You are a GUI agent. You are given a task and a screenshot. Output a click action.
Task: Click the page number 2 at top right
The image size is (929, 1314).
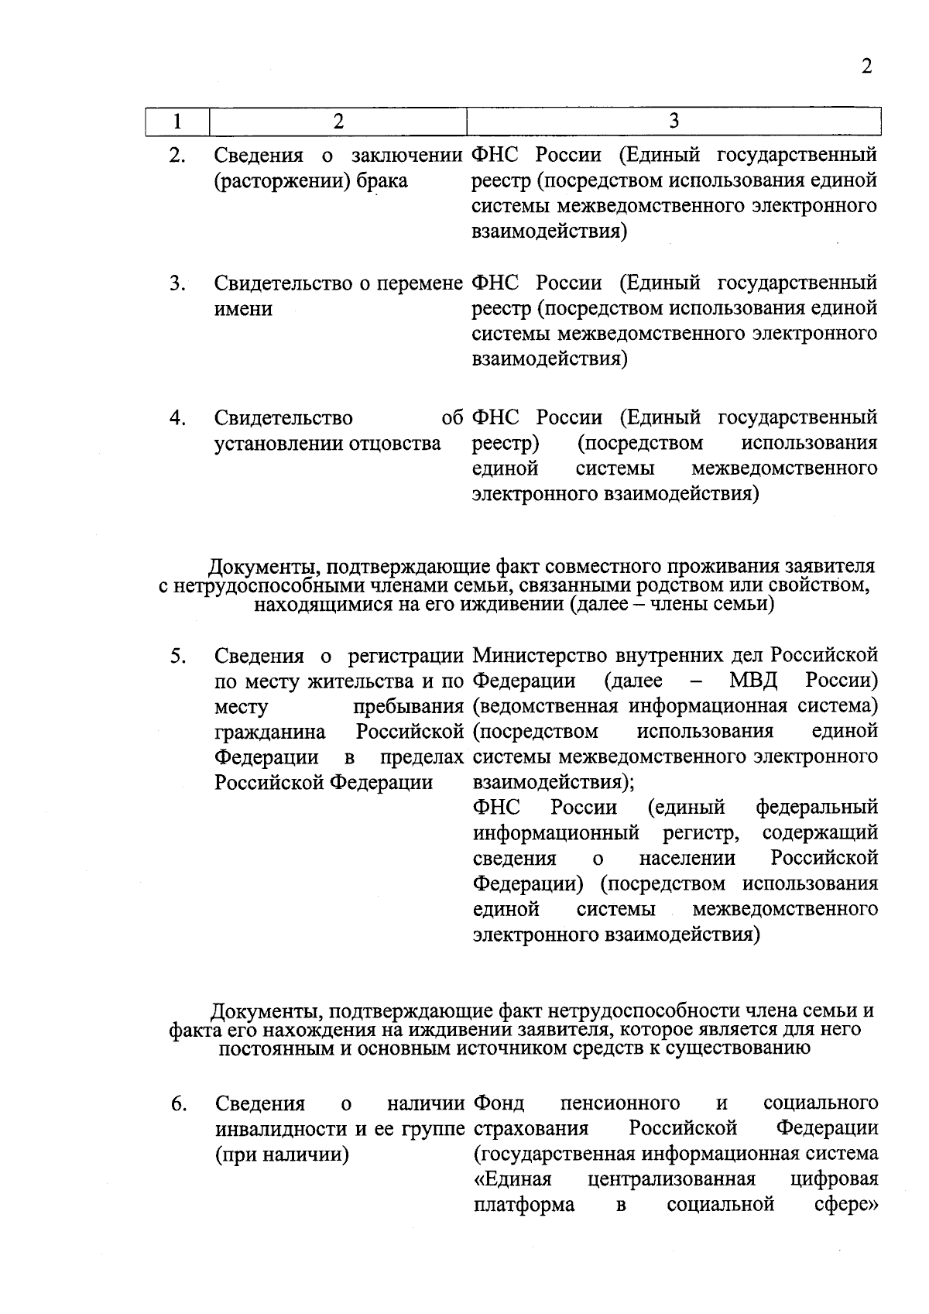[866, 67]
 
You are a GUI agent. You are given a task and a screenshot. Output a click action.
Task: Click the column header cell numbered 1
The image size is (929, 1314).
[177, 122]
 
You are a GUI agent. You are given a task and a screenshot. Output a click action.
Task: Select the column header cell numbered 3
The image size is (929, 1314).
[674, 121]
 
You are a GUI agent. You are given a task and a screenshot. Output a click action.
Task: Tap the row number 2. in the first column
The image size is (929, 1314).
[177, 156]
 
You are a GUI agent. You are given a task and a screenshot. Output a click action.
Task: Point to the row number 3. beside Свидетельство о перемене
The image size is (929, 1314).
[177, 283]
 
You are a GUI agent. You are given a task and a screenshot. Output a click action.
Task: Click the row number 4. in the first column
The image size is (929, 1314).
[177, 418]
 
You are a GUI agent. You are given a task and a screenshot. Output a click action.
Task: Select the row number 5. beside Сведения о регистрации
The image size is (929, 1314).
[177, 656]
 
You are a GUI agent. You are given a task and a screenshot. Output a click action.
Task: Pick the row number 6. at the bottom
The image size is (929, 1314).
[178, 1103]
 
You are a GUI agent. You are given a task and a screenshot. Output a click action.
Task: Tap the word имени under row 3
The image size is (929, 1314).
[243, 309]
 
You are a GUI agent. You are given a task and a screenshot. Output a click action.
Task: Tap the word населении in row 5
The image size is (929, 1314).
[687, 859]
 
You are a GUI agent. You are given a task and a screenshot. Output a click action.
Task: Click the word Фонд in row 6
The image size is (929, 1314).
[498, 1103]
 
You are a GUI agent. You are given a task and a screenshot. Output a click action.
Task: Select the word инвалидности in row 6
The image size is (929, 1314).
[281, 1129]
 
